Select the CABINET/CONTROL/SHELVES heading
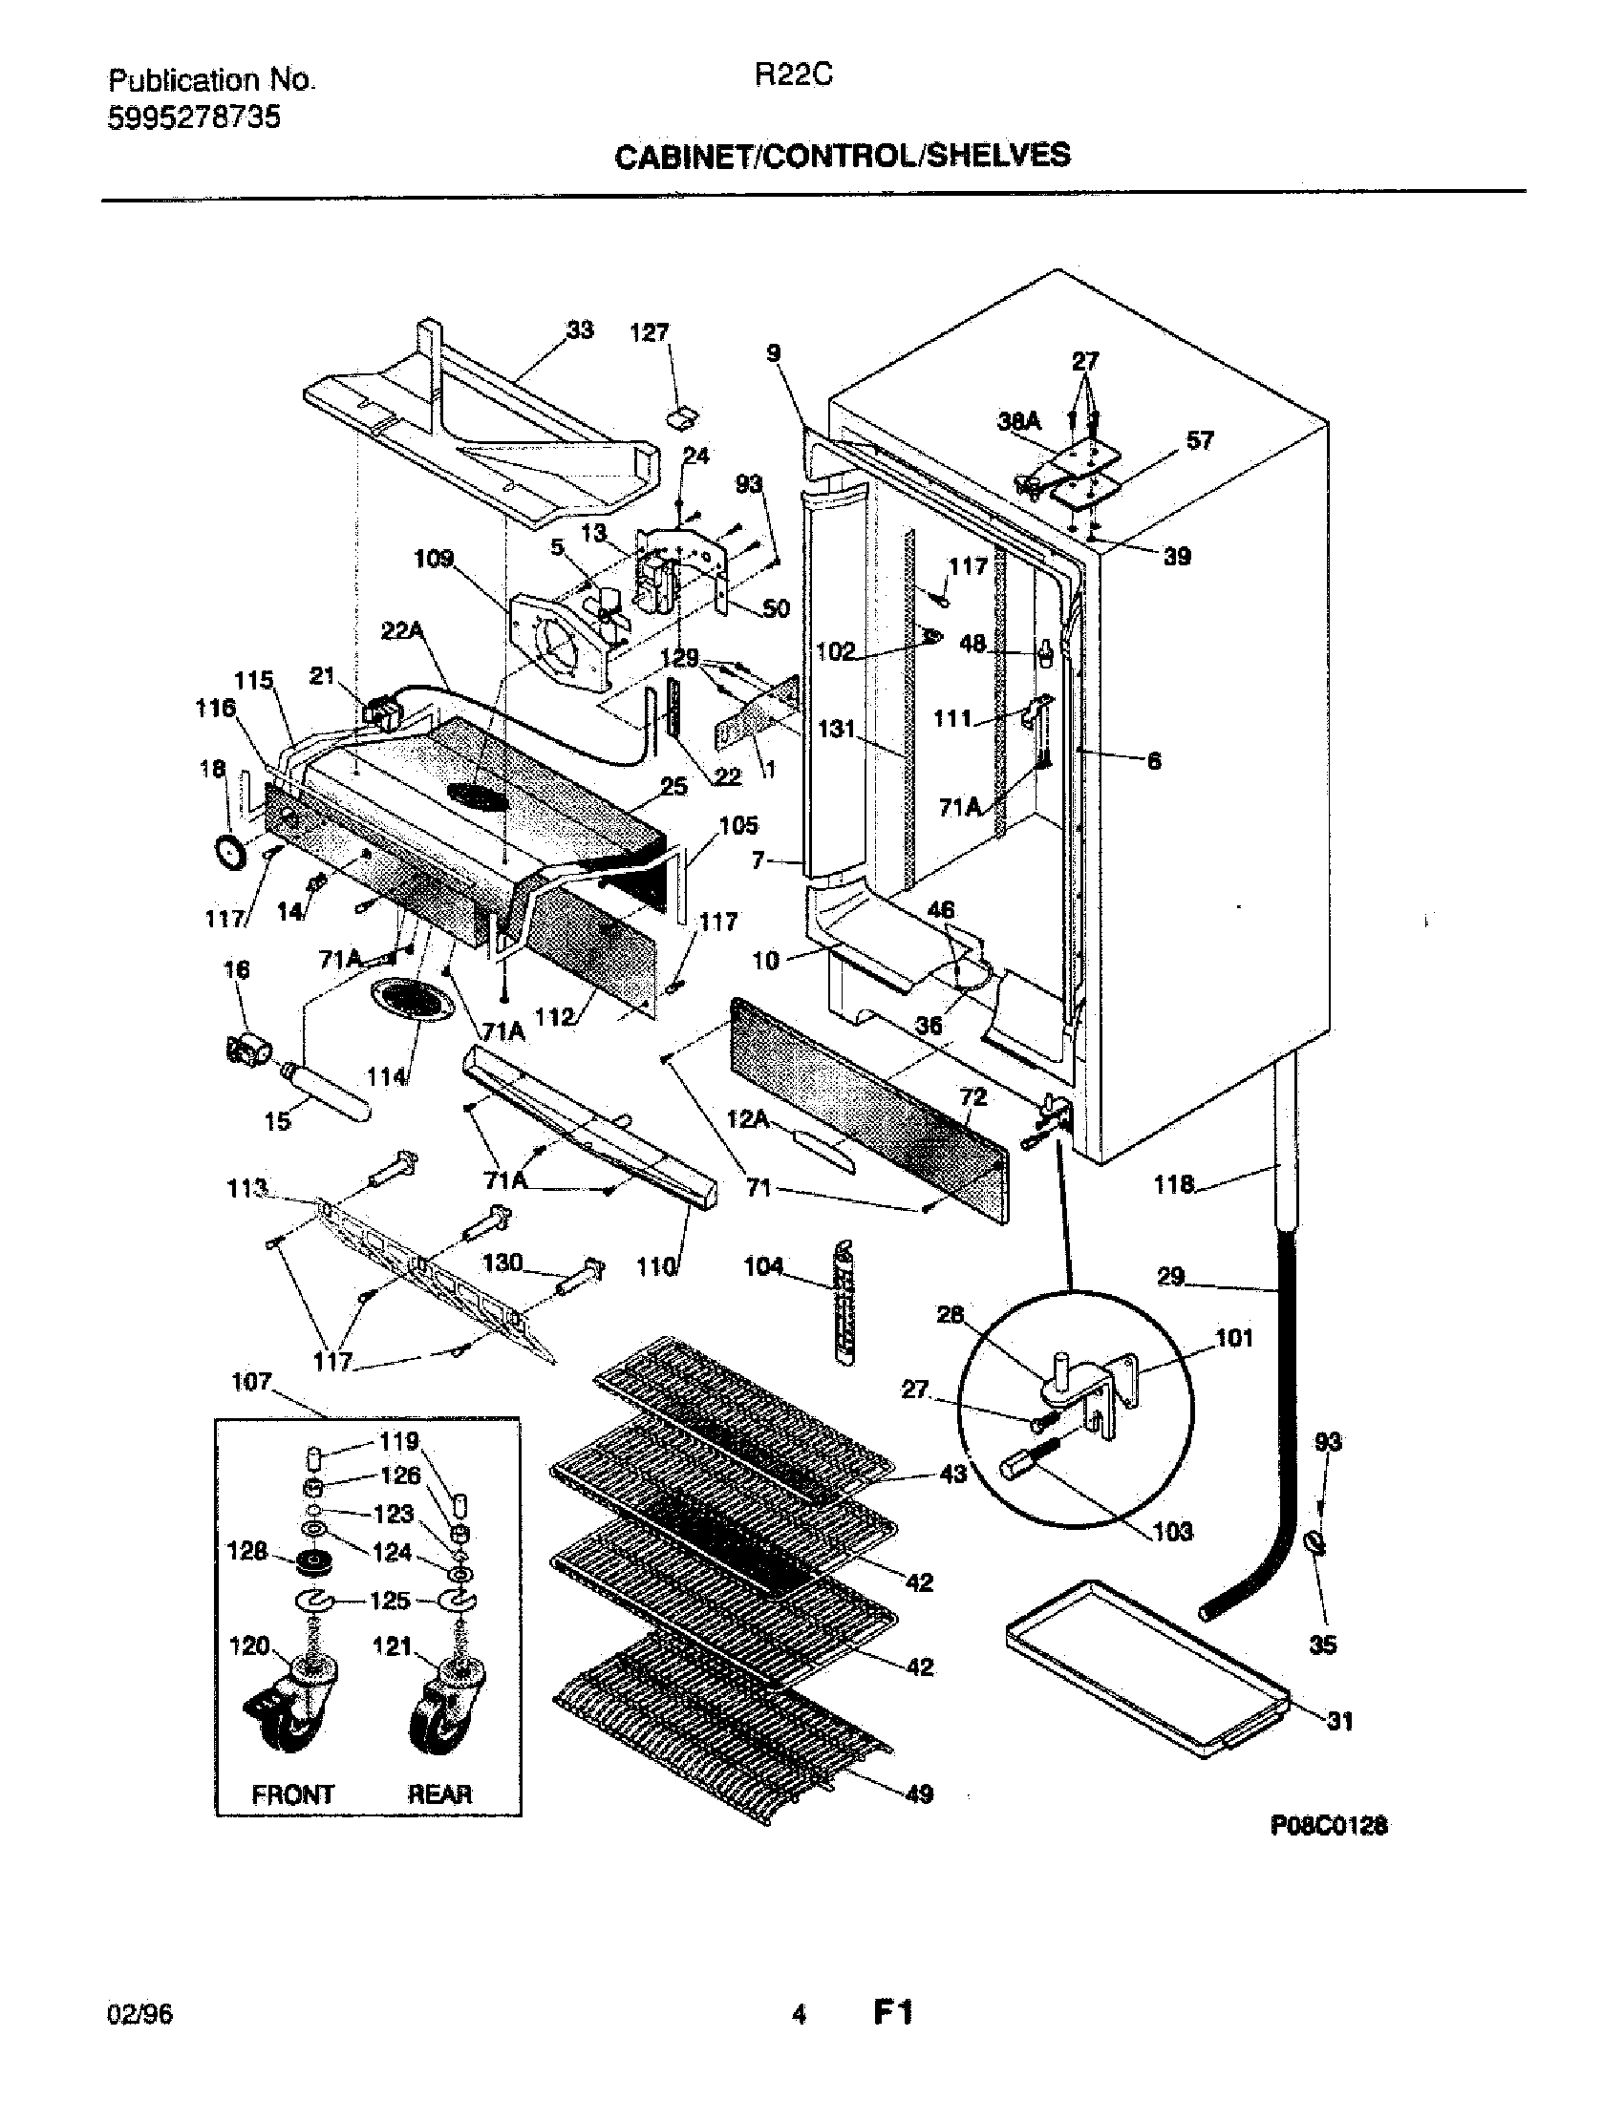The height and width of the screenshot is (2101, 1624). [x=842, y=155]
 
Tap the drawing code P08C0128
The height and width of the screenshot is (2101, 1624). [x=1329, y=1825]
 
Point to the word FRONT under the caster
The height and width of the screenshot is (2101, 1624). [x=292, y=1794]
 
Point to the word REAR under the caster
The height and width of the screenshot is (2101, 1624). [x=439, y=1794]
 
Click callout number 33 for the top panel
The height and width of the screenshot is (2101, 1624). [x=579, y=330]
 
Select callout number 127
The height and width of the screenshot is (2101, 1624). [x=649, y=333]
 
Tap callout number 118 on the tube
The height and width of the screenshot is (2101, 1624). [x=1174, y=1184]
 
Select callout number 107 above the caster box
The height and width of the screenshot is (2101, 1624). [x=251, y=1382]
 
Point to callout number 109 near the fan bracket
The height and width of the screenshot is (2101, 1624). [x=434, y=559]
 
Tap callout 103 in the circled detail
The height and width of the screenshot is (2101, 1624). [x=1172, y=1531]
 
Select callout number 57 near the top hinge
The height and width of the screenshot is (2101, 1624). [x=1199, y=440]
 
